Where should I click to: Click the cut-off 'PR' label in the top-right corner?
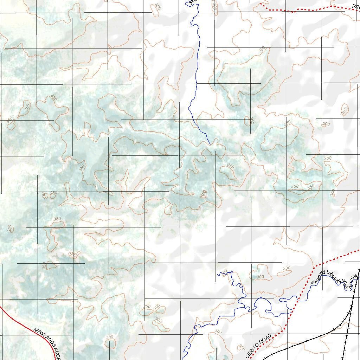click(x=356, y=6)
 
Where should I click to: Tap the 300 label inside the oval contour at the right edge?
click(x=344, y=110)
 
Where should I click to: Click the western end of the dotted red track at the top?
click(x=261, y=4)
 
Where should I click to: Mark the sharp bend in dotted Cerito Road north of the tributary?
click(x=314, y=268)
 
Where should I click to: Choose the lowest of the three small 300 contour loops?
click(x=159, y=320)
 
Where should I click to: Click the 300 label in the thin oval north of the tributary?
click(x=287, y=268)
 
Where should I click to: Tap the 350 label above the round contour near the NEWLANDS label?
click(x=110, y=337)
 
